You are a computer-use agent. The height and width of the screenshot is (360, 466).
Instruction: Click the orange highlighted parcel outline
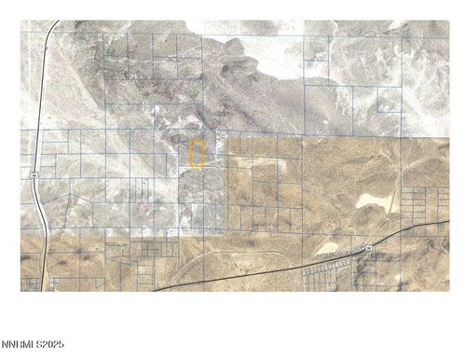click(197, 154)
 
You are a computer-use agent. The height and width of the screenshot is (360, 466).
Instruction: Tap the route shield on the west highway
click(34, 173)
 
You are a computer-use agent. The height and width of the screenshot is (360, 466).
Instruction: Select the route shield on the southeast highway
click(369, 248)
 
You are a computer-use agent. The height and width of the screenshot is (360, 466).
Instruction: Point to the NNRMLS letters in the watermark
click(18, 345)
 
